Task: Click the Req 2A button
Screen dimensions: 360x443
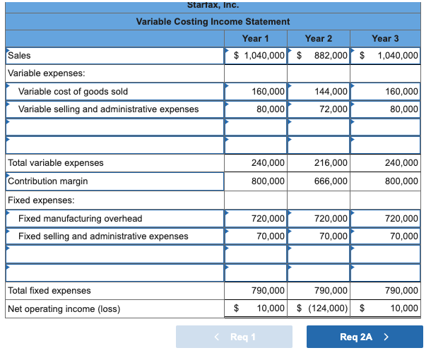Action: (x=365, y=337)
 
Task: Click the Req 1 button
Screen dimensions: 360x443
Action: (x=234, y=337)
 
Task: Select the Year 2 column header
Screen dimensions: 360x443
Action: (x=319, y=38)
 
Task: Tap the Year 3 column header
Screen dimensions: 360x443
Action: (x=385, y=38)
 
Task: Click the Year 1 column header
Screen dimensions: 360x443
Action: (x=256, y=38)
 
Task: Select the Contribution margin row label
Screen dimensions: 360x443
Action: (x=48, y=181)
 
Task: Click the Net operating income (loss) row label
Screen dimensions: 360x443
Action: (x=64, y=308)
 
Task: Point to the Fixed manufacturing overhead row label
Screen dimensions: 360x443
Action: (x=80, y=218)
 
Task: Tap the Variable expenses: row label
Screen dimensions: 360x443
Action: (x=46, y=73)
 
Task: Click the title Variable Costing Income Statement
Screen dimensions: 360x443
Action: (x=213, y=22)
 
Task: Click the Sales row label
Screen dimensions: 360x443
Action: (x=19, y=55)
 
